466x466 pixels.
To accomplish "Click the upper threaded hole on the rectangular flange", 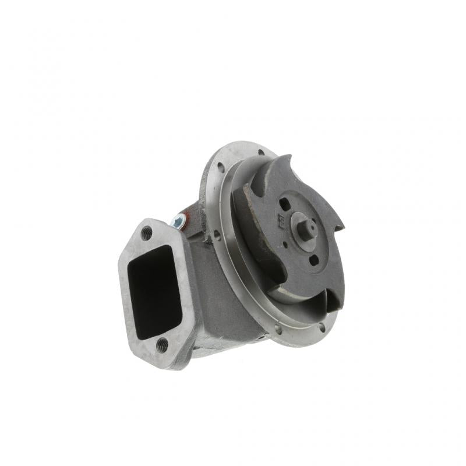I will [x=147, y=233].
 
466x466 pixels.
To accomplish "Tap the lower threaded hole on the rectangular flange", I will [x=163, y=344].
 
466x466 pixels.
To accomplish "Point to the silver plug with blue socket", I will [x=179, y=221].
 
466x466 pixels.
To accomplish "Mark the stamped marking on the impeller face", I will [x=280, y=219].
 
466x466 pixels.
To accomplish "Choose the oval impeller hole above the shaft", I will [x=285, y=204].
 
